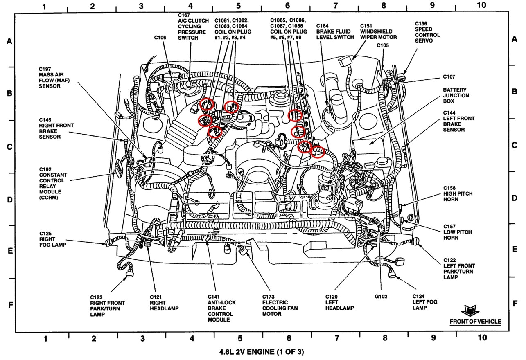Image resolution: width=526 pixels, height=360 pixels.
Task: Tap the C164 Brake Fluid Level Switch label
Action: pos(335,32)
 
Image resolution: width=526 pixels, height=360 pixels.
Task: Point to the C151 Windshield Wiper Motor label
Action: pos(376,32)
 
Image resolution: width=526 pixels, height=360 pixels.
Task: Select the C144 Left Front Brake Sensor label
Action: pos(458,121)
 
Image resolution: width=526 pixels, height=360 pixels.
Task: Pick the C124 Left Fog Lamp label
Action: pos(424,302)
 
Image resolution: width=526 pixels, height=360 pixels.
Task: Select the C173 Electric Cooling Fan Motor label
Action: pos(280,305)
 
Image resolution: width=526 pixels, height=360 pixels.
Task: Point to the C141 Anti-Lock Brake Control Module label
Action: pos(221,308)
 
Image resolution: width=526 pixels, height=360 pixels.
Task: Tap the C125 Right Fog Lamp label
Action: pos(52,239)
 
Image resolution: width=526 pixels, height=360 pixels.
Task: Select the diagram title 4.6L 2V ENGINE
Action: pos(262,351)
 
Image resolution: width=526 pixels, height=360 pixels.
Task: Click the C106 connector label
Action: pos(160,38)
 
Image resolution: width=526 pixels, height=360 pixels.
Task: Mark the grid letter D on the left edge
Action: pos(9,200)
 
